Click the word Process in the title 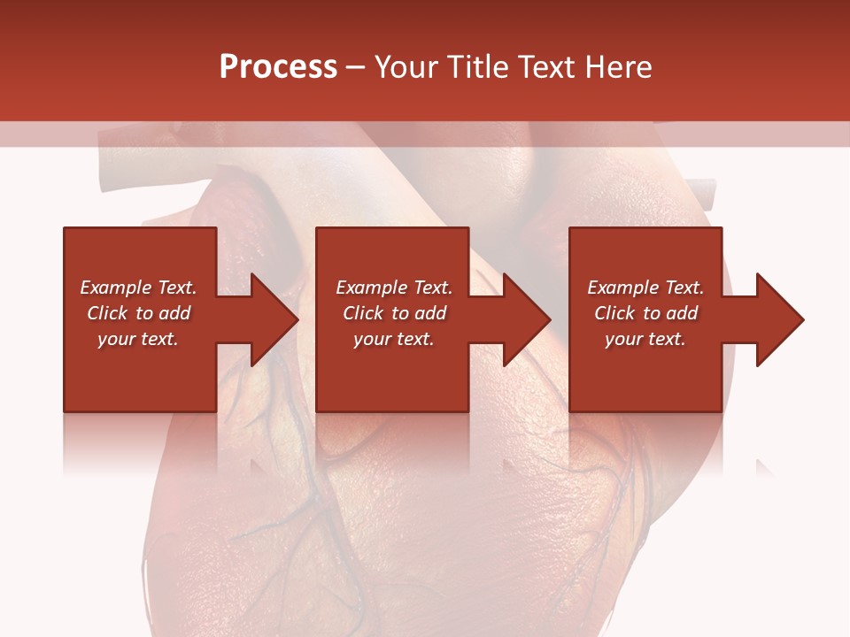coord(278,67)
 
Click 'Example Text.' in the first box coord(138,288)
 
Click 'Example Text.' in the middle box coord(394,288)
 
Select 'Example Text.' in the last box coord(645,288)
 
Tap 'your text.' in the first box coord(138,339)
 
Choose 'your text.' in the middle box coord(394,339)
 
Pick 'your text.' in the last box coord(645,339)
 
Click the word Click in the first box coord(107,313)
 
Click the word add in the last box coord(682,313)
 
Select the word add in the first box coord(174,313)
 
